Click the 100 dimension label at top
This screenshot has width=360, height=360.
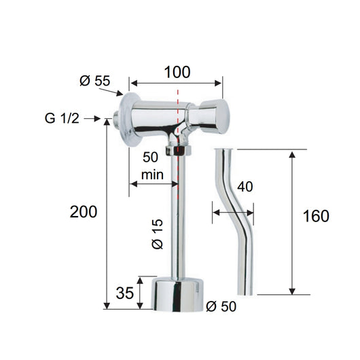pyautogui.click(x=177, y=72)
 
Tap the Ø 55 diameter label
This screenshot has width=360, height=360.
pyautogui.click(x=95, y=81)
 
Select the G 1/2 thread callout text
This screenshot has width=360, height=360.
pyautogui.click(x=62, y=118)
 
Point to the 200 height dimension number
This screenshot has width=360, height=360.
pyautogui.click(x=84, y=212)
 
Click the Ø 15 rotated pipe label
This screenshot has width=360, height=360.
pyautogui.click(x=158, y=234)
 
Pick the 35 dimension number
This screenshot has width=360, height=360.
pyautogui.click(x=125, y=293)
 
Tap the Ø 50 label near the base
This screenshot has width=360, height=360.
pyautogui.click(x=221, y=306)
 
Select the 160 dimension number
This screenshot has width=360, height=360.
pyautogui.click(x=316, y=216)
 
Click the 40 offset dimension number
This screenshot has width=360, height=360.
pyautogui.click(x=245, y=186)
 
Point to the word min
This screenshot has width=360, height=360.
pyautogui.click(x=152, y=175)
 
